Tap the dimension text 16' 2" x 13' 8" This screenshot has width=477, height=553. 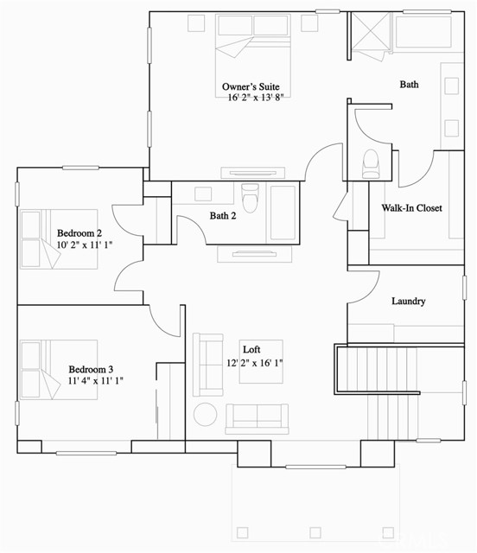[256, 99]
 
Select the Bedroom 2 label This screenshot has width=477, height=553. [79, 233]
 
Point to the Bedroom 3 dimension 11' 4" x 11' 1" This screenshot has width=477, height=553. [96, 380]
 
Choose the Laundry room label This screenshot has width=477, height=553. [408, 302]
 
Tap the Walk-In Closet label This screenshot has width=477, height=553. [411, 208]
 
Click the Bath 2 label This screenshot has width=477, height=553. [222, 216]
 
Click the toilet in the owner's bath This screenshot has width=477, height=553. [372, 163]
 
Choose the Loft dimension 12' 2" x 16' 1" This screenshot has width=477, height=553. [255, 364]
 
